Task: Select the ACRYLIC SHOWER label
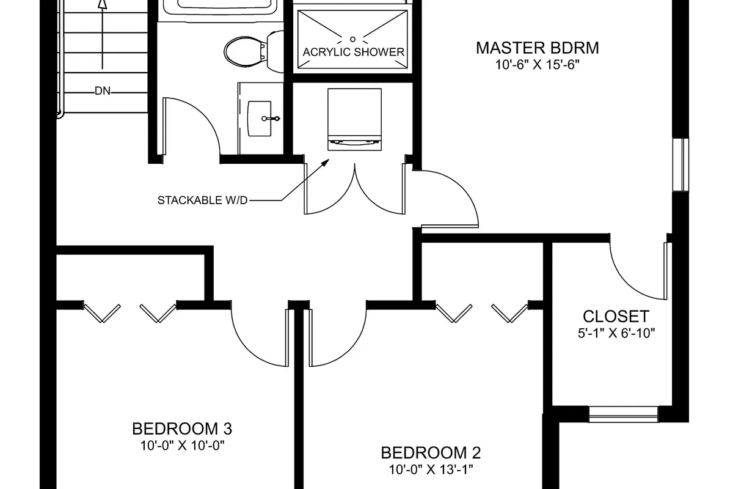(x=353, y=52)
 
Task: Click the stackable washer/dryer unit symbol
(x=355, y=119)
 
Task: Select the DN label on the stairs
(x=103, y=92)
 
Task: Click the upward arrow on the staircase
(x=103, y=5)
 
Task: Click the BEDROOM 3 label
(x=182, y=428)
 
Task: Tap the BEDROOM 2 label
(x=431, y=453)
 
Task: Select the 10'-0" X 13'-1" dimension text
(x=431, y=469)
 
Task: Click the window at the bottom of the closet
(x=624, y=414)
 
